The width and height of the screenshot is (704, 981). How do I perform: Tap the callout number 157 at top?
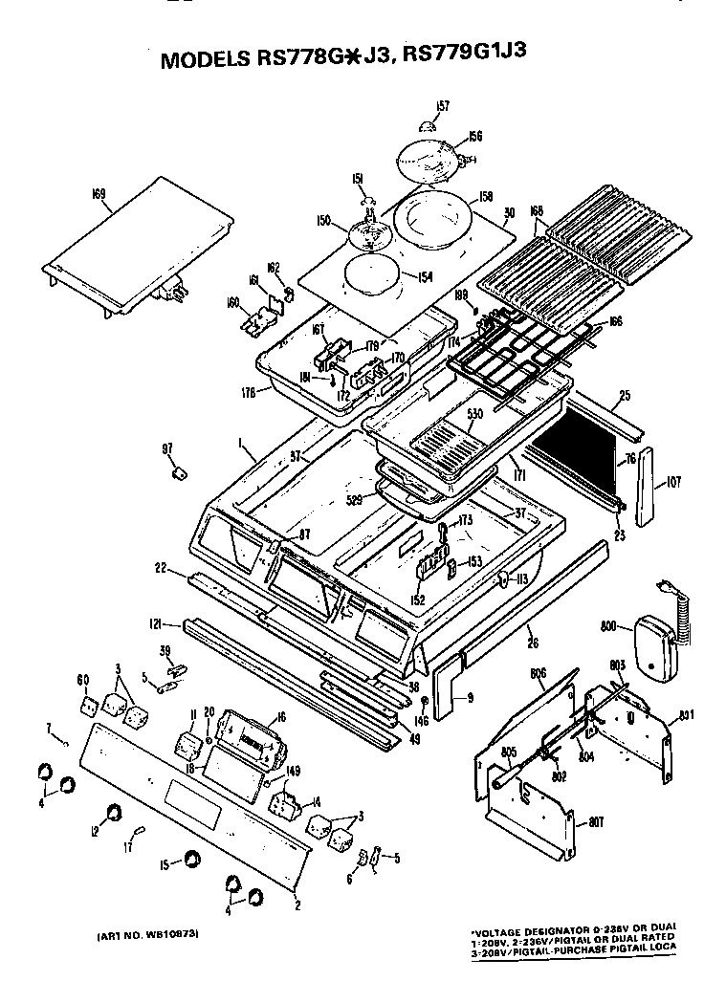point(443,105)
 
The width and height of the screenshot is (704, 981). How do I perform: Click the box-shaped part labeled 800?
point(652,651)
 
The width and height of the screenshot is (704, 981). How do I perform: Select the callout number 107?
point(673,483)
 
